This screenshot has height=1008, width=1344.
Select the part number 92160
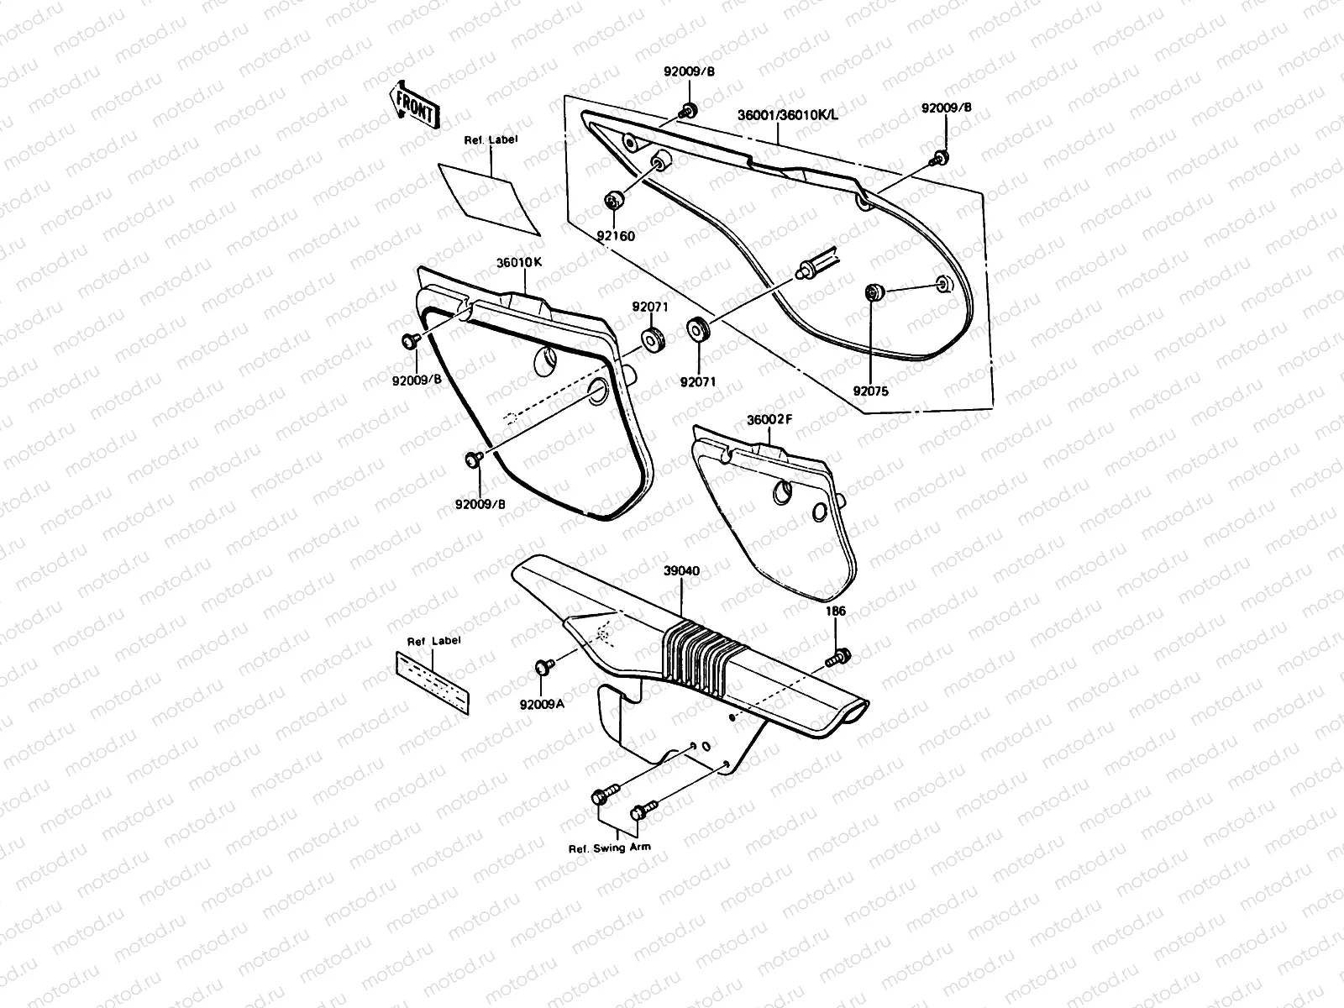pyautogui.click(x=617, y=236)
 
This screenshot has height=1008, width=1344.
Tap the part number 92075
pyautogui.click(x=870, y=391)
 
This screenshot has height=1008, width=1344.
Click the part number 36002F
pyautogui.click(x=769, y=419)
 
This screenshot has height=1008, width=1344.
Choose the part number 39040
pyautogui.click(x=681, y=571)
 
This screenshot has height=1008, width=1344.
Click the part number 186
pyautogui.click(x=836, y=612)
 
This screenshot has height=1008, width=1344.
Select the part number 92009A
pyautogui.click(x=542, y=704)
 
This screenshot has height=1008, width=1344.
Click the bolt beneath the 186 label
pyautogui.click(x=837, y=657)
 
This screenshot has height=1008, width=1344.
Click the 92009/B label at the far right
pyautogui.click(x=946, y=108)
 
